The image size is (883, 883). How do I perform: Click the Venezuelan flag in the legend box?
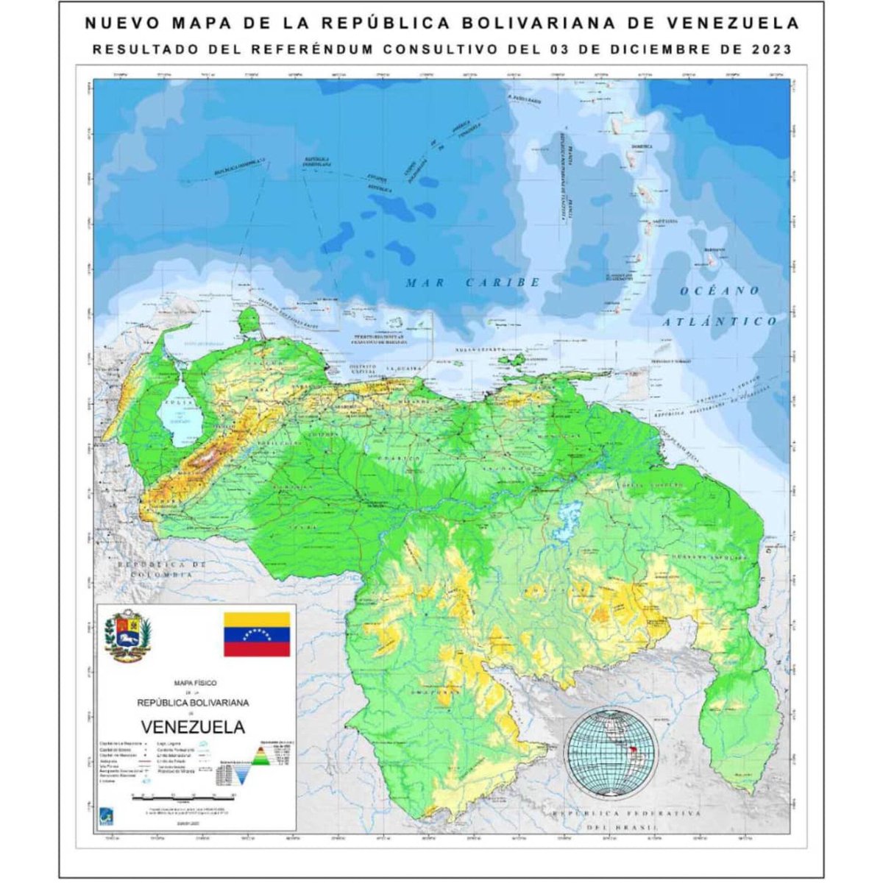[x=257, y=634]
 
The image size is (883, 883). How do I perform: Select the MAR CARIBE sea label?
[x=472, y=283]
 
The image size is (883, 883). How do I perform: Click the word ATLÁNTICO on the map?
[x=718, y=321]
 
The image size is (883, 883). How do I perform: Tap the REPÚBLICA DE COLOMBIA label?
[x=161, y=569]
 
